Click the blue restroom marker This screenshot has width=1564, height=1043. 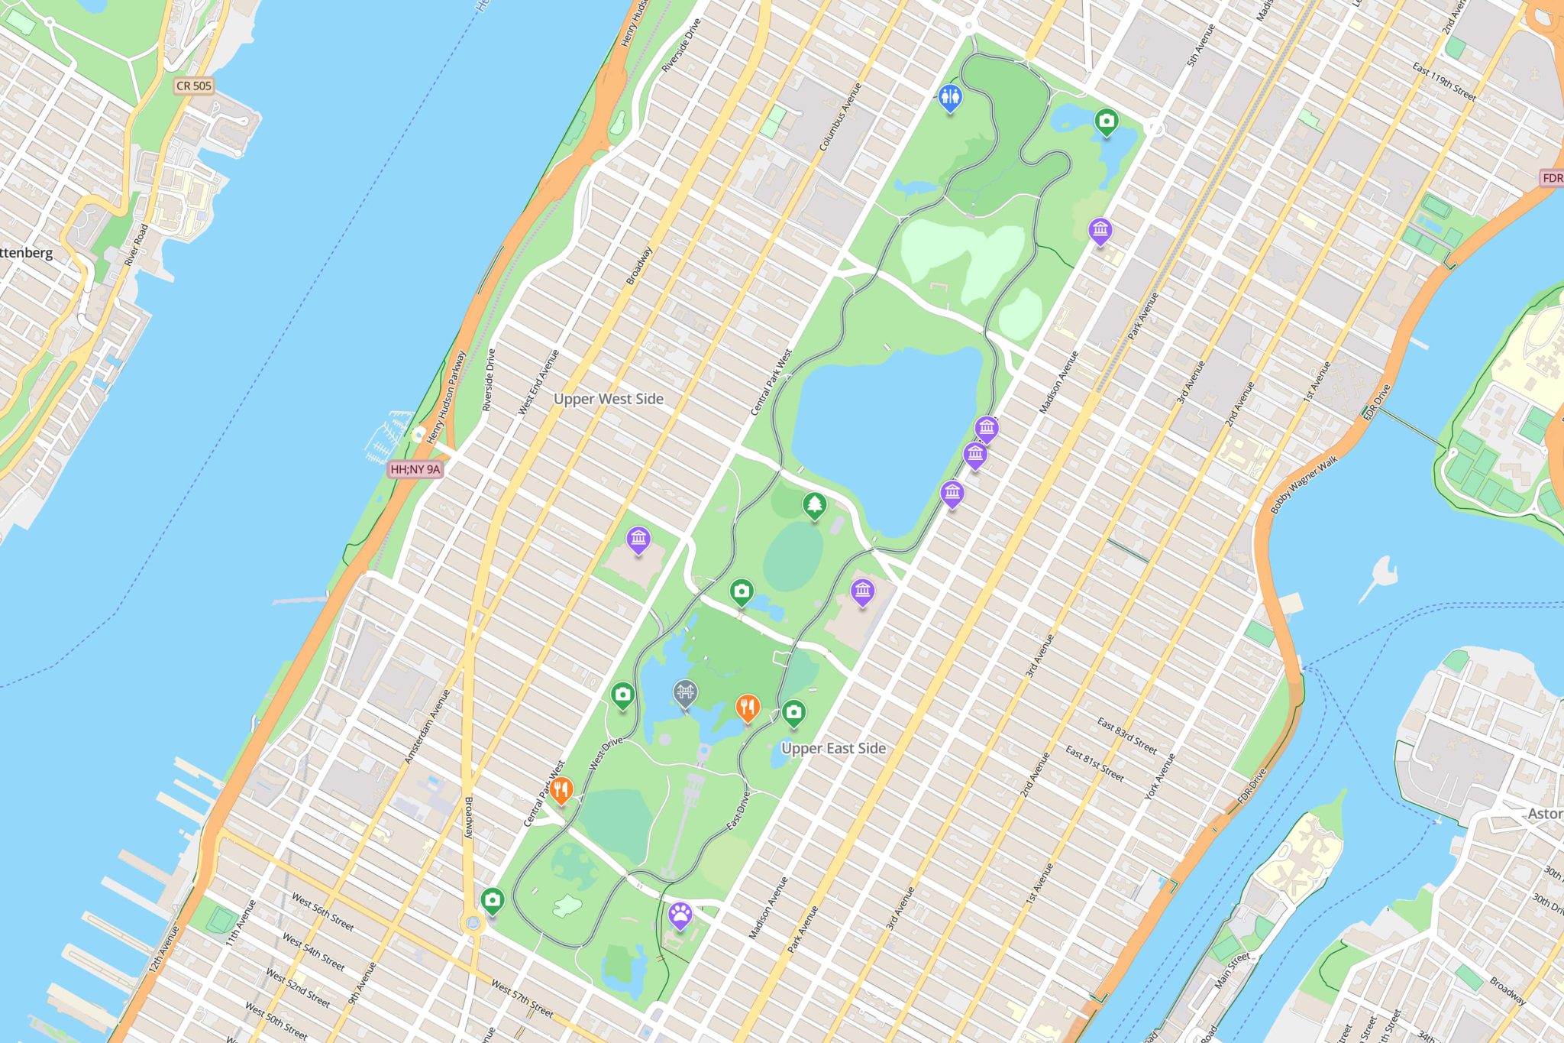click(x=949, y=97)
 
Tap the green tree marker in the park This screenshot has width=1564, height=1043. click(x=815, y=505)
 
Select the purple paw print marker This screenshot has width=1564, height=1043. click(x=680, y=914)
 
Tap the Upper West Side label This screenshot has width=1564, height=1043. click(x=609, y=399)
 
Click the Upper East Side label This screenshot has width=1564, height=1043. click(x=833, y=748)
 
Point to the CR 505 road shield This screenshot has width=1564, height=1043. click(x=194, y=86)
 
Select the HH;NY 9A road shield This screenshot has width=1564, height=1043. click(x=415, y=469)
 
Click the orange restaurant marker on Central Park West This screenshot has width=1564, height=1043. click(x=561, y=789)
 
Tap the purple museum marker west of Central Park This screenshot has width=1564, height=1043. click(x=638, y=539)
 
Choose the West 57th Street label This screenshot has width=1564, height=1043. click(x=522, y=999)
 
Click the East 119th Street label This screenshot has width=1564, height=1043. click(x=1443, y=82)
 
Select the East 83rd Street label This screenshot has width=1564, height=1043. click(x=1126, y=734)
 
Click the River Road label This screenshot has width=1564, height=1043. click(x=136, y=245)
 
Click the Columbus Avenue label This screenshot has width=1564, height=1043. click(x=840, y=116)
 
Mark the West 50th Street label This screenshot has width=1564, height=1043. click(x=276, y=1020)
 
